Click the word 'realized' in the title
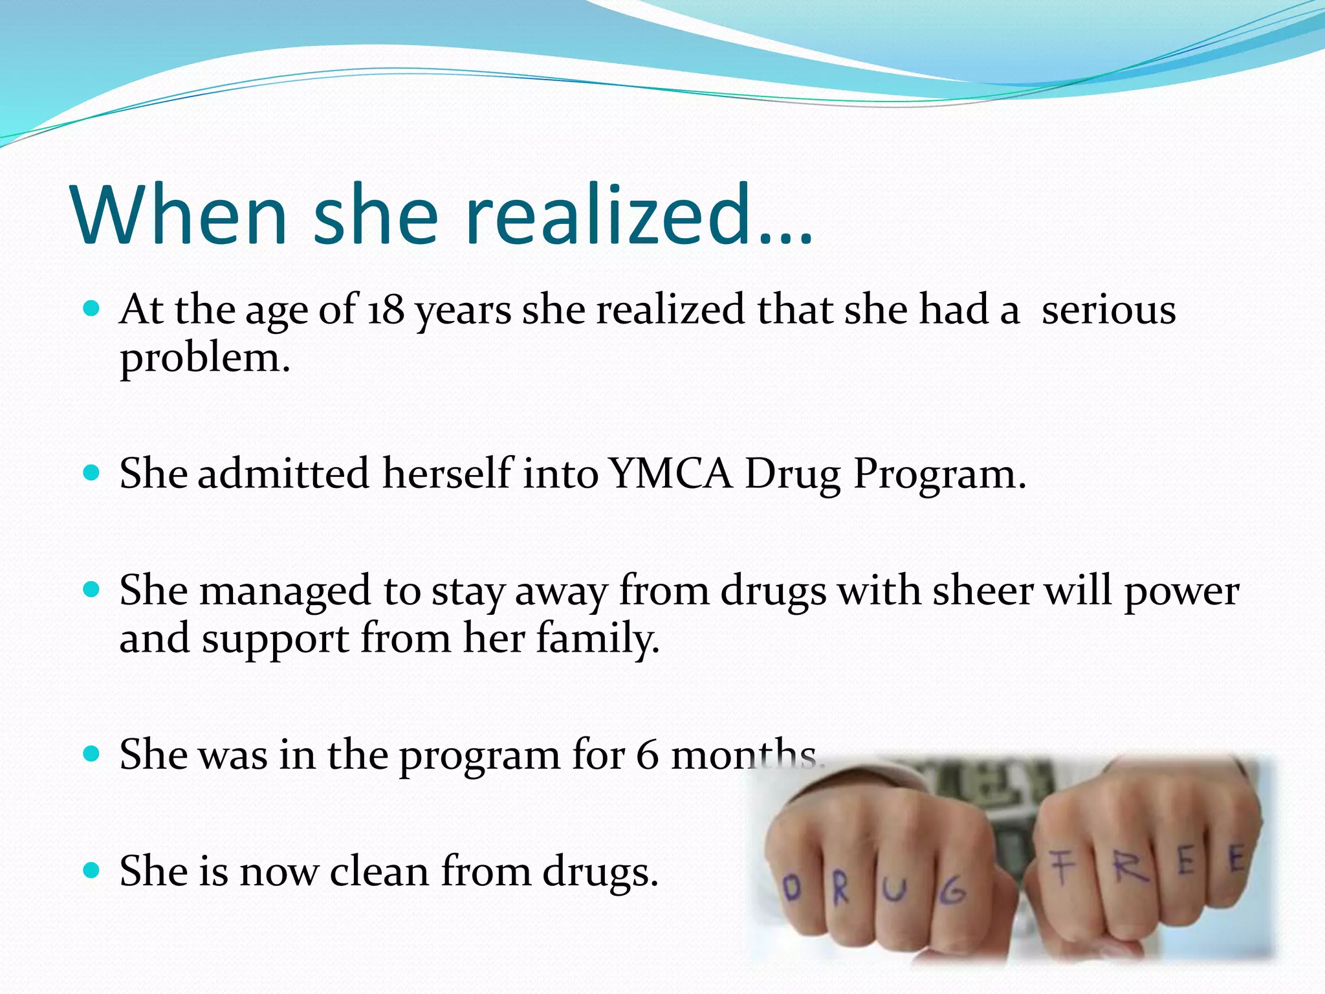[x=608, y=215]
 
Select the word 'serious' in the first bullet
[x=1108, y=309]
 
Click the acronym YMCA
[x=671, y=474]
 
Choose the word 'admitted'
[x=283, y=474]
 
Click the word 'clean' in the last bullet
[x=379, y=871]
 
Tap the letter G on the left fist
[x=952, y=894]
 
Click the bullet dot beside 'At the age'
[x=92, y=309]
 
